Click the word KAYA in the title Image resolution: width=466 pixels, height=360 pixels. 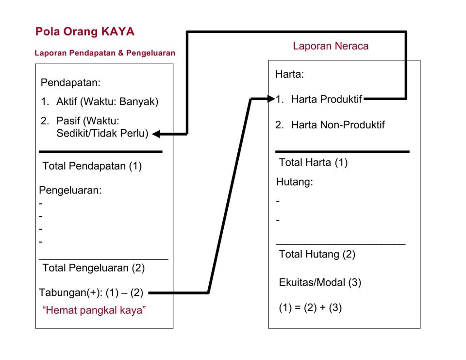tap(118, 32)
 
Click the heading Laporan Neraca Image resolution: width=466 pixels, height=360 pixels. tap(331, 46)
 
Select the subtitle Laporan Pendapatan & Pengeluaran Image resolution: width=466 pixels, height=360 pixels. tap(105, 53)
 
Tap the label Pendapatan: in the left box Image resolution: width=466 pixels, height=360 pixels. tap(70, 83)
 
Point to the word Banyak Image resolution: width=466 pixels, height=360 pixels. tap(139, 102)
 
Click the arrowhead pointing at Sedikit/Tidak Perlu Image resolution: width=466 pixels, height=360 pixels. tap(156, 134)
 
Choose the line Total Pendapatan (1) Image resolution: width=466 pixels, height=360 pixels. tap(92, 166)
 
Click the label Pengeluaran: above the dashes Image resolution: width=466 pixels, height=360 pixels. tap(70, 190)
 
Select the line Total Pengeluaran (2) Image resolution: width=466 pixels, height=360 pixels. tap(93, 268)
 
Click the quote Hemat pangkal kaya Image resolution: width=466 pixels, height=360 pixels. tap(94, 310)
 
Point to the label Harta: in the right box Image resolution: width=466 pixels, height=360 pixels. tap(289, 74)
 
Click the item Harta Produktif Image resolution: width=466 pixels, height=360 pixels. tap(326, 99)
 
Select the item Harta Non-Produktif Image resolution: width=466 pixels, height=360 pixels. tap(338, 125)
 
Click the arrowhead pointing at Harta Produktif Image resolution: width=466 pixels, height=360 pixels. tap(271, 99)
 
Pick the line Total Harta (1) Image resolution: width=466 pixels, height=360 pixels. tap(313, 162)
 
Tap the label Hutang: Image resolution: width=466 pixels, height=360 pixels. tap(295, 182)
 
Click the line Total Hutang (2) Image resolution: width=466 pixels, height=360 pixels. tap(317, 255)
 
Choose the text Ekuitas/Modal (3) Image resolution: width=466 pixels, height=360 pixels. tap(320, 282)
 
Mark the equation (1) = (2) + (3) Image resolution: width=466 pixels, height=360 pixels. tap(310, 308)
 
